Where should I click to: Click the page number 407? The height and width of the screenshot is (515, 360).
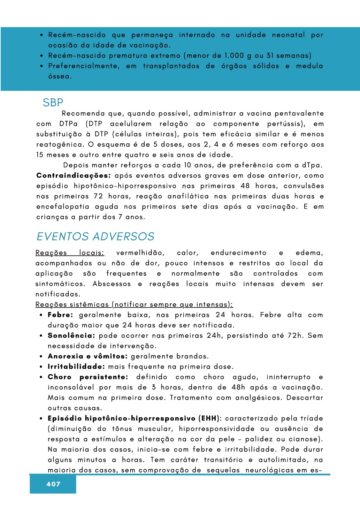click(53, 484)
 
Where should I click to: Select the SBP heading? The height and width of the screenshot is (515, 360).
click(53, 103)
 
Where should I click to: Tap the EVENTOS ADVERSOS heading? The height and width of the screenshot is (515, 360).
click(95, 236)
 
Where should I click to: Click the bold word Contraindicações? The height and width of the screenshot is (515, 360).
click(74, 175)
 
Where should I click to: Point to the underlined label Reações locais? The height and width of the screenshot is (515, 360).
click(70, 253)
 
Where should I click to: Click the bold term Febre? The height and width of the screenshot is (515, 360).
click(60, 315)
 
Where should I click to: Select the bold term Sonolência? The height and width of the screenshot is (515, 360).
click(71, 335)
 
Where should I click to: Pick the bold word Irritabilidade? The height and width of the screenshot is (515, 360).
click(76, 366)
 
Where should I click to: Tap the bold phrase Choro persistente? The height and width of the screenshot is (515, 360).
click(88, 377)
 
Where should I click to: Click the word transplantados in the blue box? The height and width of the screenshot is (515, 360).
click(171, 66)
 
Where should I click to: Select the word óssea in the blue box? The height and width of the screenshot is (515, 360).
click(60, 76)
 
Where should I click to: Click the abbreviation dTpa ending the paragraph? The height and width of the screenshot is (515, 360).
click(312, 165)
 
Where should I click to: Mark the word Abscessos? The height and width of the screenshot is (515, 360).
click(112, 284)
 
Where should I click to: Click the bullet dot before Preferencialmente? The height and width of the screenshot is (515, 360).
click(41, 66)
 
